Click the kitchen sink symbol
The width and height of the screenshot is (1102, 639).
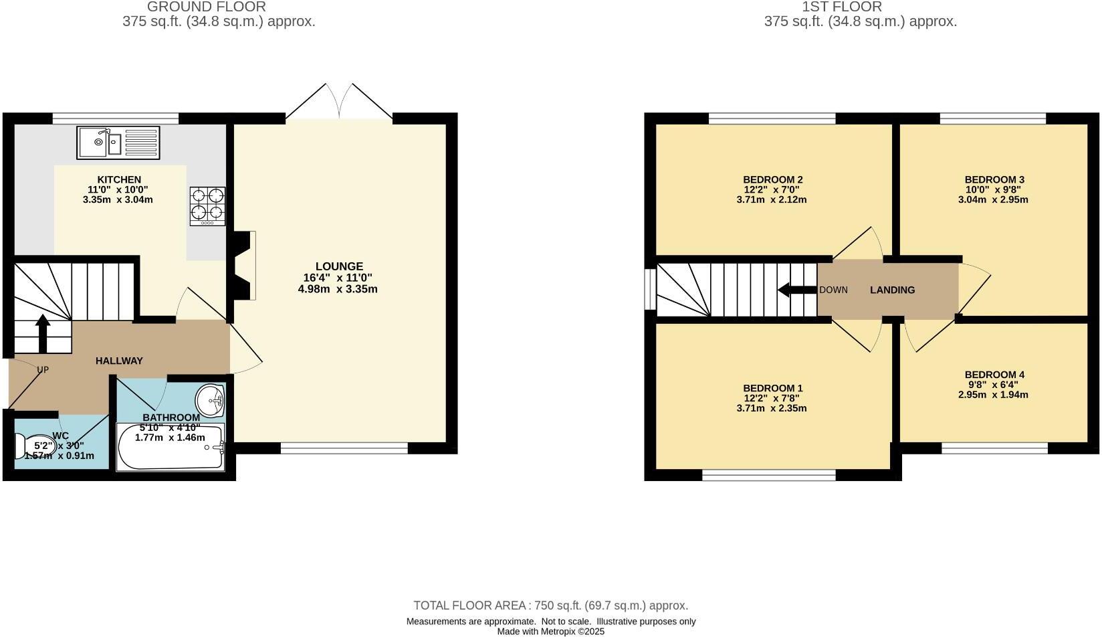coord(118,143)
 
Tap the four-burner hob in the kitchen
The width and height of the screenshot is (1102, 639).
coord(207,205)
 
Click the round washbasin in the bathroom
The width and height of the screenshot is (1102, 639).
coord(211,401)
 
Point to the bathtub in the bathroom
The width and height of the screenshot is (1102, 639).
coord(171,447)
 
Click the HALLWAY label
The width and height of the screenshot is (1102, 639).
coord(119,361)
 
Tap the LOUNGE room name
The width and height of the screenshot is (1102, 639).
coord(339,266)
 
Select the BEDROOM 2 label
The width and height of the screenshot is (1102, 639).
coord(772,179)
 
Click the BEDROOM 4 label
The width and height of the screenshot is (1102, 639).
coord(994,375)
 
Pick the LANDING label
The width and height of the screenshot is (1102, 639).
coord(892,290)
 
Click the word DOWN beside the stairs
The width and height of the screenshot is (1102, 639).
coord(833,290)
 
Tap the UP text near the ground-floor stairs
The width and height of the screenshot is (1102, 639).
coord(43,369)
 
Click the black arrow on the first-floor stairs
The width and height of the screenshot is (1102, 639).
coord(796,290)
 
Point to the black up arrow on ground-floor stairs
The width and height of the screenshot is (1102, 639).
coord(43,333)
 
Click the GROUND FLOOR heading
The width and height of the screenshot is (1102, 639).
coord(206,7)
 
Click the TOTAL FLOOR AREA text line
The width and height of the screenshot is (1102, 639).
coord(550,606)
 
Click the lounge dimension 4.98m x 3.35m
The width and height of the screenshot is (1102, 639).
coord(338,289)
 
